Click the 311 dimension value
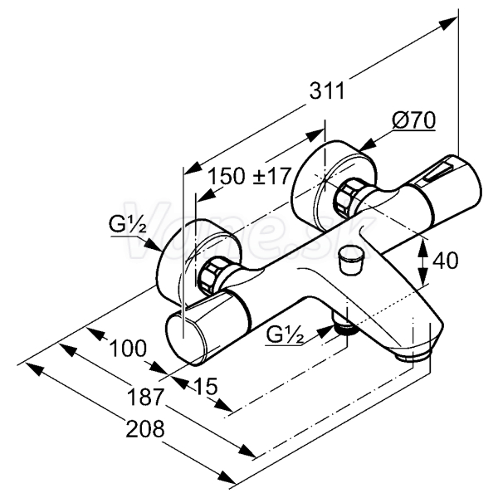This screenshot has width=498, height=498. coord(327,91)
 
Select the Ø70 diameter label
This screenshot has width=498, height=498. coord(413,120)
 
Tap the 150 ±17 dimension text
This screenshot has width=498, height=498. coord(249,176)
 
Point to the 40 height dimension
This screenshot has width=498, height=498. coord(445,261)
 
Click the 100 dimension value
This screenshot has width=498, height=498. coord(128,348)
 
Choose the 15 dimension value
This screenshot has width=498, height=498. coord(206,387)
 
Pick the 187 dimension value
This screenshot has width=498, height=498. coord(145,397)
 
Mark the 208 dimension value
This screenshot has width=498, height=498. coord(145,428)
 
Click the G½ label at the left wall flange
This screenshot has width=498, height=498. coord(128,224)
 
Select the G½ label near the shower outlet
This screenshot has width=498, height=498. coord(285,334)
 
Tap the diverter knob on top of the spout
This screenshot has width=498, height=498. coord(351,258)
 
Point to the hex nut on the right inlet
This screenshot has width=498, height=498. coord(349,197)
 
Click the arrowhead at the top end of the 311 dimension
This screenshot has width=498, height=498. coord(448,23)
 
